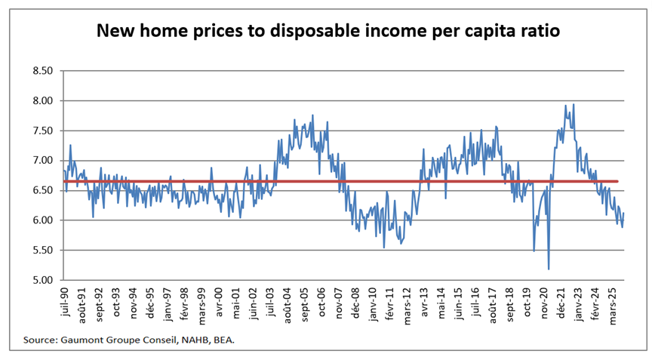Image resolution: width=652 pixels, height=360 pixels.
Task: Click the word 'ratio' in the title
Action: (x=539, y=32)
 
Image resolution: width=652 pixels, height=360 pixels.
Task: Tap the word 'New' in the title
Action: (x=114, y=32)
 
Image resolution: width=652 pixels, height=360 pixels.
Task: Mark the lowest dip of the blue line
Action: (x=549, y=269)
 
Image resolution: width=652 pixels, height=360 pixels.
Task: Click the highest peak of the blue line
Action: (x=574, y=104)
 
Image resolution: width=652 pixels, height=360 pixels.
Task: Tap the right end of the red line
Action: (x=619, y=181)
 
